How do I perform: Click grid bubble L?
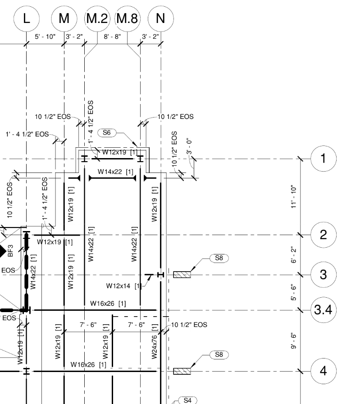[x=27, y=18]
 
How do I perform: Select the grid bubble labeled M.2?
[x=98, y=18]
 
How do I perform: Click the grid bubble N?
[x=160, y=18]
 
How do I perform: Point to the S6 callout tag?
[x=106, y=132]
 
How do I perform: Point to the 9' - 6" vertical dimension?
[x=294, y=341]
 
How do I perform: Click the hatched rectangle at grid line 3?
[x=182, y=274]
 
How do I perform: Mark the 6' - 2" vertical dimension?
[x=294, y=255]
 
